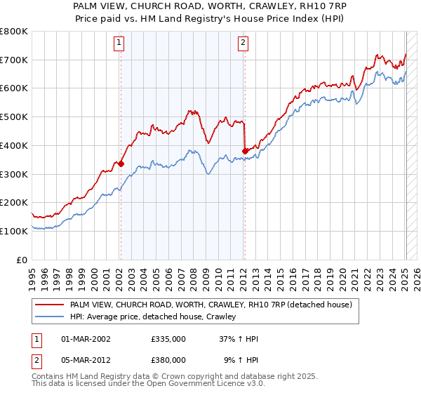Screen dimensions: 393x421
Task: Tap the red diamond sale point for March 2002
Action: (121, 164)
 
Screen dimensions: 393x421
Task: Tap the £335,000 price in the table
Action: (168, 339)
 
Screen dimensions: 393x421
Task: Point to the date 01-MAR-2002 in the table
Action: (86, 339)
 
